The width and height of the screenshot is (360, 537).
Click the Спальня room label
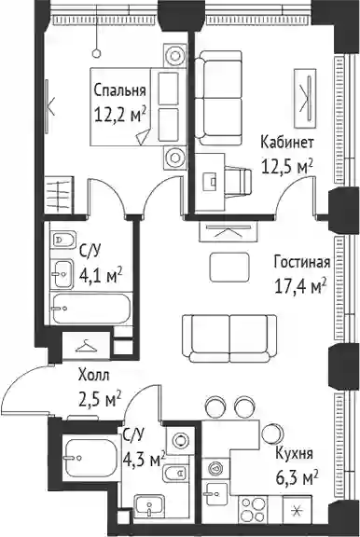point(120,91)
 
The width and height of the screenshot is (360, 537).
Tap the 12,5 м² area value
point(287,167)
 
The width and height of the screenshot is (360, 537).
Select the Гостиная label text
point(302,263)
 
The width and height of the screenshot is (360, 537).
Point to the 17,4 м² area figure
point(300,286)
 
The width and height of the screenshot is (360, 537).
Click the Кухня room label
point(294,454)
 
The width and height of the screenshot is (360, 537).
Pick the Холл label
point(94,376)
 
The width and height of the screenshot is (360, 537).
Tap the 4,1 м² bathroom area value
point(101,275)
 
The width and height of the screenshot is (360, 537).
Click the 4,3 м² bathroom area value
point(145,460)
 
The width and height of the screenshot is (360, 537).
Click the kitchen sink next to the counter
point(215,493)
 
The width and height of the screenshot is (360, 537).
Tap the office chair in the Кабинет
point(239,179)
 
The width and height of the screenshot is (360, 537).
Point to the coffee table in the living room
point(228,268)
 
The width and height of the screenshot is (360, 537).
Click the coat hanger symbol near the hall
point(86,346)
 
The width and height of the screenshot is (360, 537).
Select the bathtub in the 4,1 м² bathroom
point(90,309)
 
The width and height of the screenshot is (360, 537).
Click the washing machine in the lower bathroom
point(179,440)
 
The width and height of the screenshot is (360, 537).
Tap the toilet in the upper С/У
point(63,240)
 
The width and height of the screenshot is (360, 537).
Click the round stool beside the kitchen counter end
point(272,434)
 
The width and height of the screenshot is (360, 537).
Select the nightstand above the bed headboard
point(175,55)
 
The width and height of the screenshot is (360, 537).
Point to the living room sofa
point(229,338)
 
